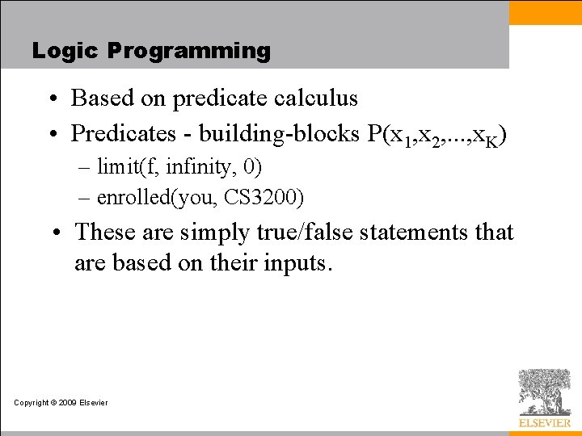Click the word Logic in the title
pos(65,51)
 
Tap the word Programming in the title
pos(188,51)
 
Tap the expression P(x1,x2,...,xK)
pos(437,134)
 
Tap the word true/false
pos(316,233)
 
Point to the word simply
pos(213,233)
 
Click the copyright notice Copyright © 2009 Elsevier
pos(61,403)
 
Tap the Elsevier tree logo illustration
pos(544,392)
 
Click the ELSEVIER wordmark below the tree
pos(544,422)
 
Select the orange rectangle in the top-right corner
pos(545,13)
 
